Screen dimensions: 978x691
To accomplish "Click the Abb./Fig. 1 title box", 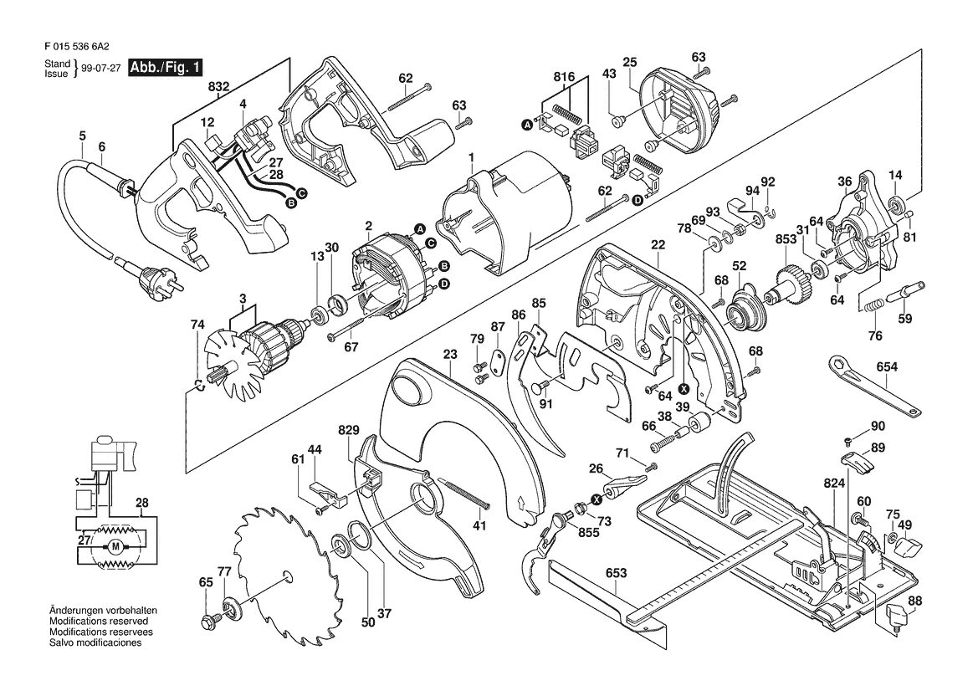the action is (166, 68).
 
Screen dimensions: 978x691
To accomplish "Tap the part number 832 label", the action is (219, 87).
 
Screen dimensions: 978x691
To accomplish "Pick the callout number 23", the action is (450, 354).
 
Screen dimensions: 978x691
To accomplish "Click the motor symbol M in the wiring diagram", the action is (115, 547).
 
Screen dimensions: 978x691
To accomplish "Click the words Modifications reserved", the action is (99, 622).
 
